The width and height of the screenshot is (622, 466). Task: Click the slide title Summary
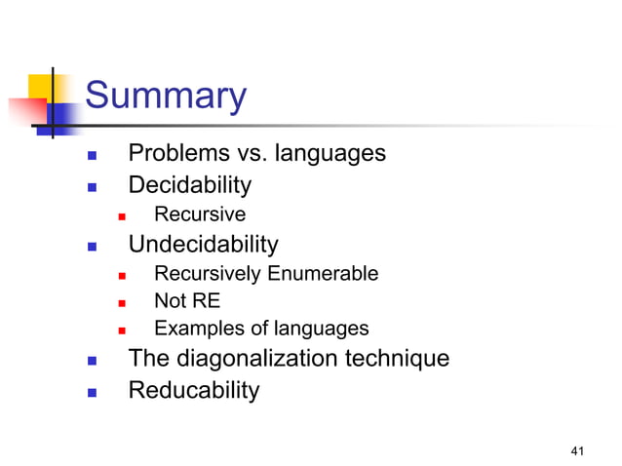166,97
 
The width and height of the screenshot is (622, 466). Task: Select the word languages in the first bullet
331,154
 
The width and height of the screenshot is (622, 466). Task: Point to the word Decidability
189,185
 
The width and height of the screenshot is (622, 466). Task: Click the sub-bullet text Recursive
200,214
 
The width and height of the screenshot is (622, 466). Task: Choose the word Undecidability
203,245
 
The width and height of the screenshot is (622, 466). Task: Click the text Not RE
187,301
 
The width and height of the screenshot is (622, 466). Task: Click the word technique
401,359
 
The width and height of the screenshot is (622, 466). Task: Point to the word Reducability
194,391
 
